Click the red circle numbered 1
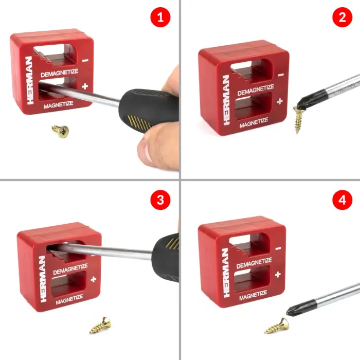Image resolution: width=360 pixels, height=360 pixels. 160,17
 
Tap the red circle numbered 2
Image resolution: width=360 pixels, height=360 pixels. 343,17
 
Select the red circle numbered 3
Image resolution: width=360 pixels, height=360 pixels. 160,200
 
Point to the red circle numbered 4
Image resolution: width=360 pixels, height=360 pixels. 343,200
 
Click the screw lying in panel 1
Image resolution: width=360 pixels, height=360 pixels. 61,131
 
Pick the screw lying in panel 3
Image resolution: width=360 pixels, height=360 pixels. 101,326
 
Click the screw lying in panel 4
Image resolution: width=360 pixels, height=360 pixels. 277,326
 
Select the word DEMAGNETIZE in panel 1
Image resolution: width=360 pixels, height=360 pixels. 60,73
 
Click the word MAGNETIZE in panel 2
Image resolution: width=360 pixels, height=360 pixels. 254,123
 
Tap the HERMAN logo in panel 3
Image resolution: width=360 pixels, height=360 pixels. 43,279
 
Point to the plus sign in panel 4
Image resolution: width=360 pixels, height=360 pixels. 278,274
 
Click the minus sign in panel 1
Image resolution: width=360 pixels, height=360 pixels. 85,60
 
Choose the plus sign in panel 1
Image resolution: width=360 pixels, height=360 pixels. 85,86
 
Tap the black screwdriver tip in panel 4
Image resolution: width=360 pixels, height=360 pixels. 301,308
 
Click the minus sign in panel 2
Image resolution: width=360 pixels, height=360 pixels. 281,75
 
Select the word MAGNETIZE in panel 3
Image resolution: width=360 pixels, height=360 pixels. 69,300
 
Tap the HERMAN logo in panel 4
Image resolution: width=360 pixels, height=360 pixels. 226,273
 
